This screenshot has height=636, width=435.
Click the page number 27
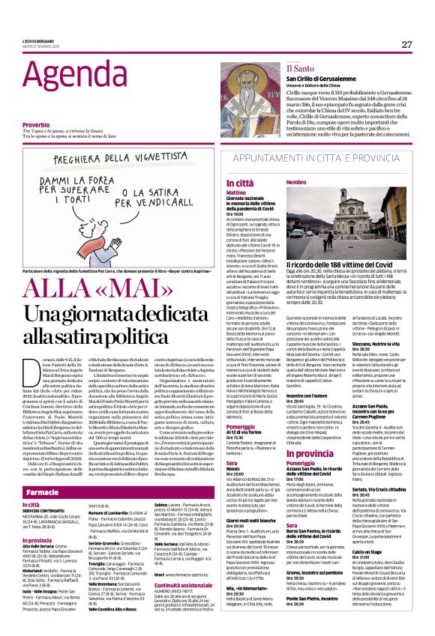[406, 45]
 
